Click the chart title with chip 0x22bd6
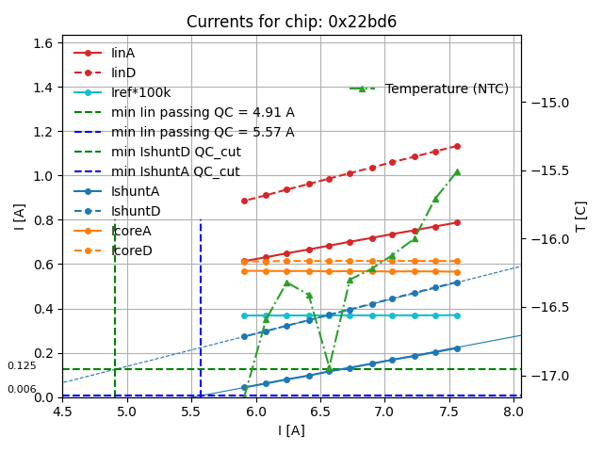pos(291,22)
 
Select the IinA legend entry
pos(123,53)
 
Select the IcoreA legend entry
pos(131,231)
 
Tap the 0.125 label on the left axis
pos(22,365)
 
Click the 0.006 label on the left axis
pos(22,389)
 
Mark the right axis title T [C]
pos(580,217)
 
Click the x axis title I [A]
pos(291,430)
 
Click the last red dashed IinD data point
pos(457,146)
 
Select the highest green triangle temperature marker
pos(457,172)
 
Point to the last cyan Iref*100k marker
pos(457,315)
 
